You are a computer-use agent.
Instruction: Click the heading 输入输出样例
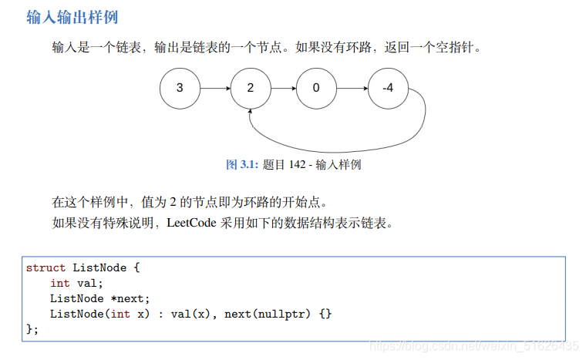[x=72, y=16]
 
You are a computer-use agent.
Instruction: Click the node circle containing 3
[x=180, y=88]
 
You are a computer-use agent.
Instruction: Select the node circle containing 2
[x=250, y=88]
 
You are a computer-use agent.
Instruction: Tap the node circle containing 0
[x=316, y=88]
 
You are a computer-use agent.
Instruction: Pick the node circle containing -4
[x=388, y=88]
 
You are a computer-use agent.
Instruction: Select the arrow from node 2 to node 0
[x=283, y=88]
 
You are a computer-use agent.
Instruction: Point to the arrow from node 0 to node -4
[x=352, y=88]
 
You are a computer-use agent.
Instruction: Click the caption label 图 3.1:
[x=241, y=164]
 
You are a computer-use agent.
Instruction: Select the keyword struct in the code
[x=45, y=268]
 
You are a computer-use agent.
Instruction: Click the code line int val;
[x=76, y=283]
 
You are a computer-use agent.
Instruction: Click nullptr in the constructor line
[x=285, y=314]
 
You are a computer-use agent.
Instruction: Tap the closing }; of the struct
[x=32, y=329]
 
